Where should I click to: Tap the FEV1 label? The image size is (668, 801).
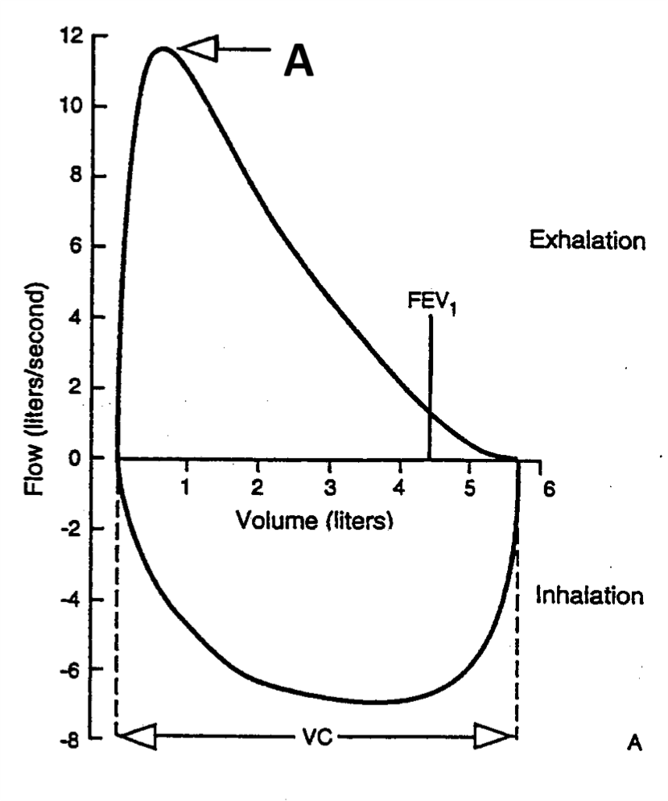[431, 303]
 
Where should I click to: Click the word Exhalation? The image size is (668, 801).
[587, 241]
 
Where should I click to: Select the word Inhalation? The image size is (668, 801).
[589, 597]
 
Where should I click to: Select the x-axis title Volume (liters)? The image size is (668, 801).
[314, 519]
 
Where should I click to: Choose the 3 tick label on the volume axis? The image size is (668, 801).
[328, 489]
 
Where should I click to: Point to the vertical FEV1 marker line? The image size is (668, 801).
[430, 386]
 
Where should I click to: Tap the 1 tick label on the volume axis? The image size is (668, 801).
[186, 489]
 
